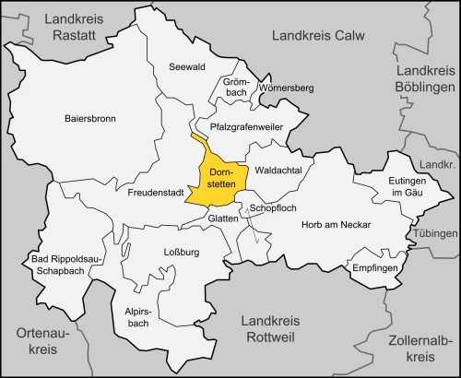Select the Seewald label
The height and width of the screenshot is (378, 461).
tap(186, 66)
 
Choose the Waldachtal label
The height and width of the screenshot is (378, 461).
tap(280, 171)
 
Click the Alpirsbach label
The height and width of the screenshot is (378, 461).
tap(136, 319)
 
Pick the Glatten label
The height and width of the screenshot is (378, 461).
tap(223, 219)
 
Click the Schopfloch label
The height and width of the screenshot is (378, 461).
tap(274, 209)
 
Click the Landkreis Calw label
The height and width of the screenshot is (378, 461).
tap(318, 35)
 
